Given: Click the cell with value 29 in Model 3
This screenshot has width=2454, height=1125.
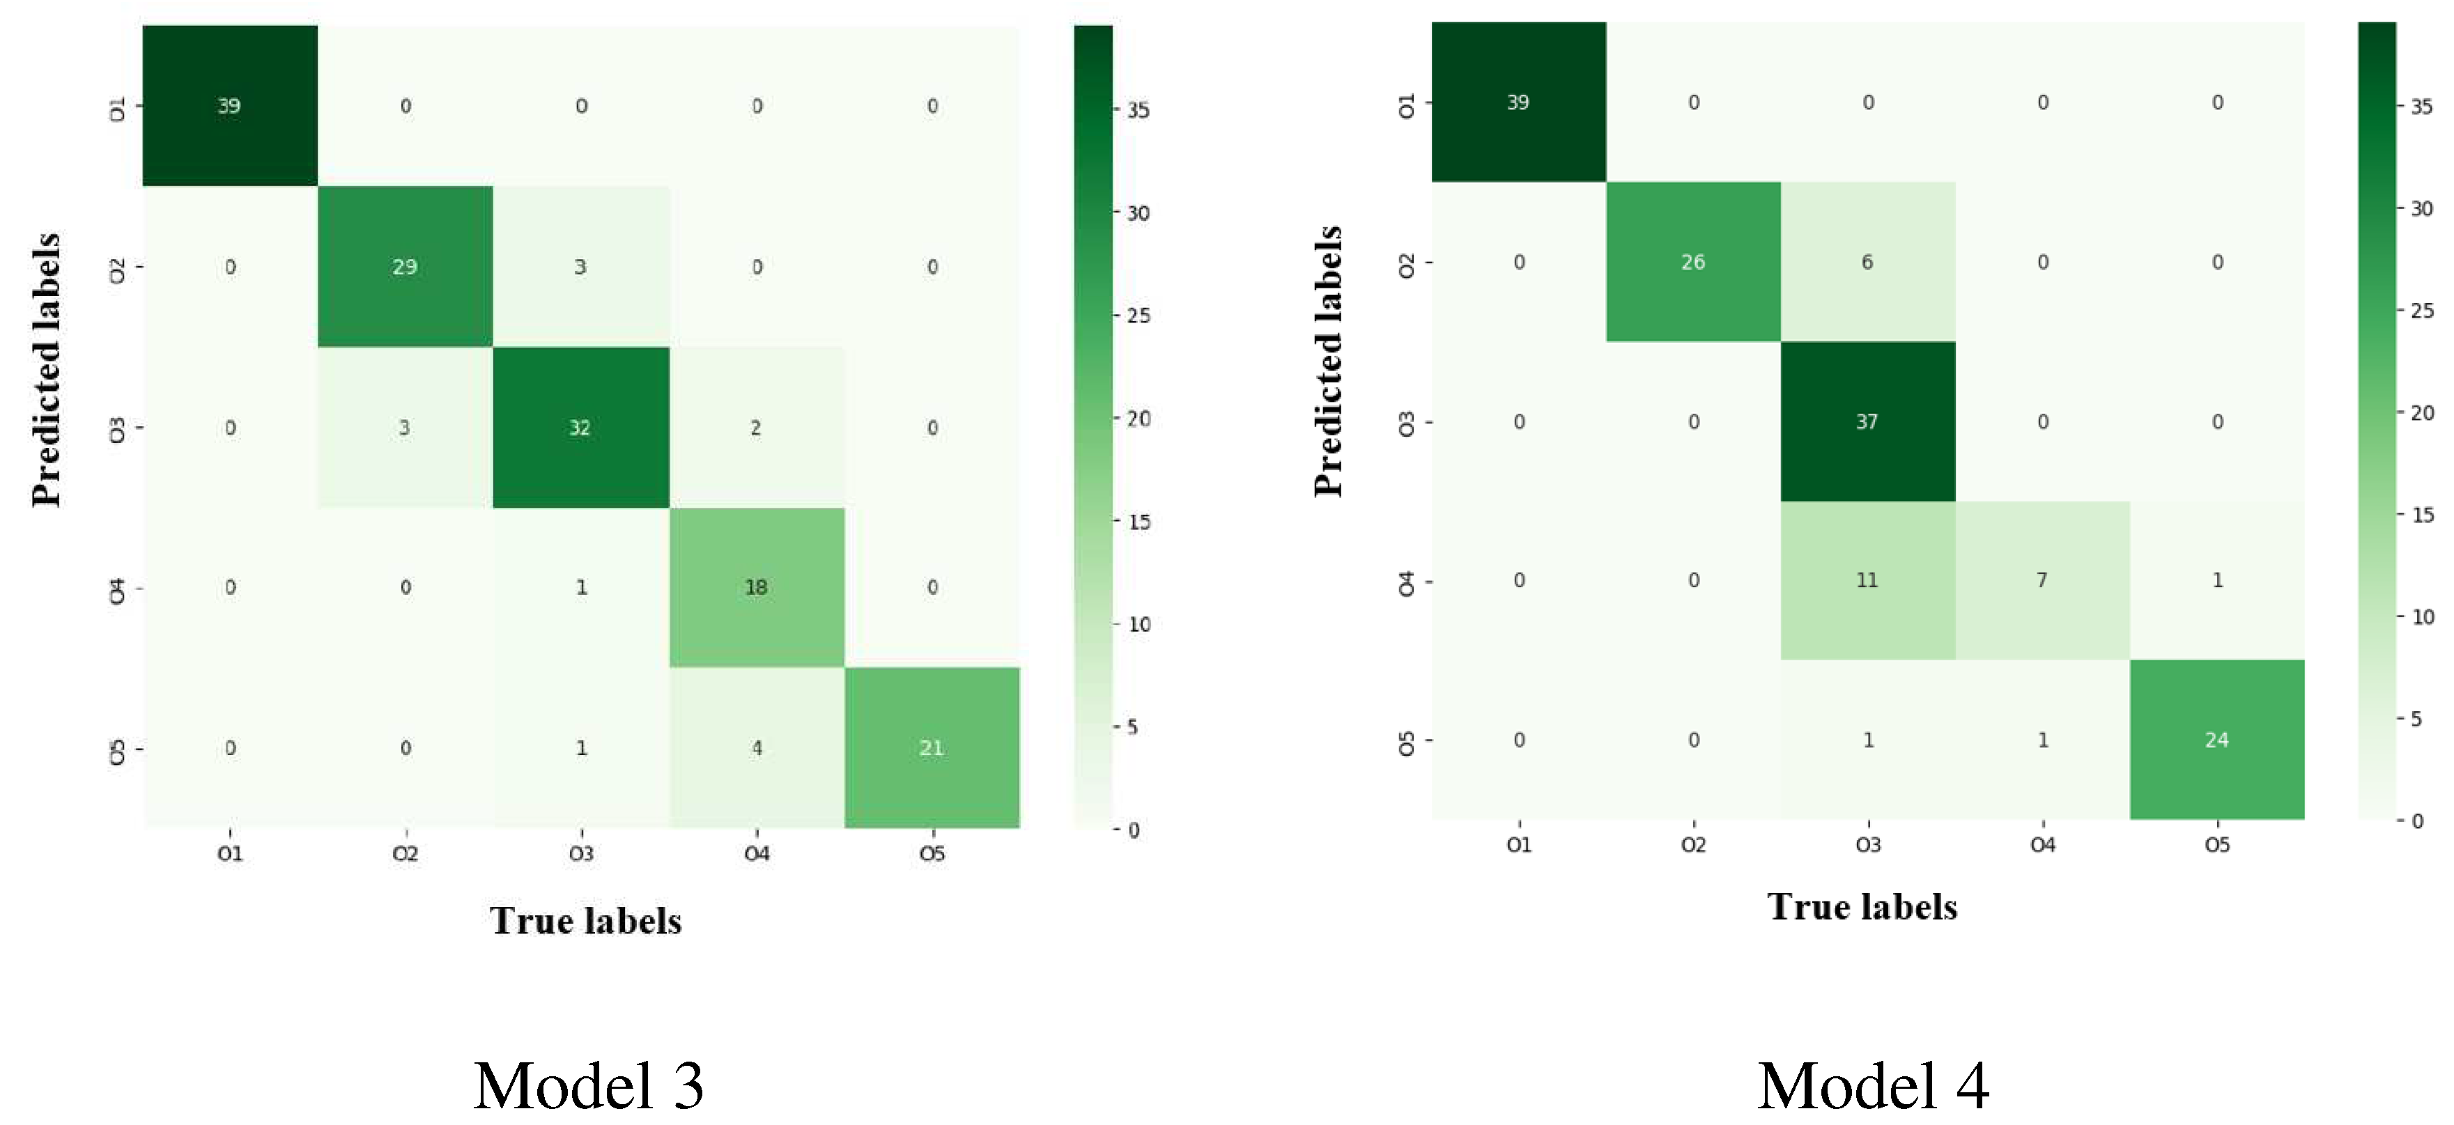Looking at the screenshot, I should point(405,267).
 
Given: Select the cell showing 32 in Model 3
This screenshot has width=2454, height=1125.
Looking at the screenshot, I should point(580,428).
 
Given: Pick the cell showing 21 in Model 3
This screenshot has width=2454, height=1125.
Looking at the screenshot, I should point(932,747).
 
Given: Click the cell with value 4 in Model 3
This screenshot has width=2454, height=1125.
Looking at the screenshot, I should point(757,747).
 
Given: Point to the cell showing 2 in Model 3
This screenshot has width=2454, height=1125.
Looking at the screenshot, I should point(757,428).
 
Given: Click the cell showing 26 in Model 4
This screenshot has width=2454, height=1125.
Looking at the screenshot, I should point(1693,262).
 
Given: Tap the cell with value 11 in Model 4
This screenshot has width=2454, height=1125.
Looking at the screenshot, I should point(1867,580).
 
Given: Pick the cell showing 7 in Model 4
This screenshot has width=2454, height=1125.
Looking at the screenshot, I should point(2042,580).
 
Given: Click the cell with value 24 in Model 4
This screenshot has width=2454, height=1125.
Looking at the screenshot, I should point(2217,740).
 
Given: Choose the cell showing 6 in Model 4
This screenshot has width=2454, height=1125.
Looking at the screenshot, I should point(1867,262).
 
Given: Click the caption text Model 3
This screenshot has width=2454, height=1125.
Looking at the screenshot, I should point(588,1086).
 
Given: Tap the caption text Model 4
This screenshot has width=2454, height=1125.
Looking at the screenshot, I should point(1873,1086).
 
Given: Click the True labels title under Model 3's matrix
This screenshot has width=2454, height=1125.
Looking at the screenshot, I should point(586,921).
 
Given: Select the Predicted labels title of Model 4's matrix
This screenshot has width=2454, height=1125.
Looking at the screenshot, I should point(1328,362).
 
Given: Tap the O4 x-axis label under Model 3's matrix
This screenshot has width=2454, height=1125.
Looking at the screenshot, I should point(757,853).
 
